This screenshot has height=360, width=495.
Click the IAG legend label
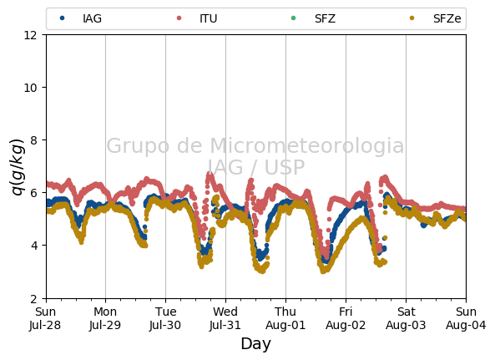pos(92,18)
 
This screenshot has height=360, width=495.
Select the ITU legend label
pos(209,18)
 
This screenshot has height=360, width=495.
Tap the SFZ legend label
pos(325,18)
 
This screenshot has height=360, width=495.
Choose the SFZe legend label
pos(447,18)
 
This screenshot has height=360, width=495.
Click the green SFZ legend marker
pos(293,18)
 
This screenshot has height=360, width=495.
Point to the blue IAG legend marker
pos(63,18)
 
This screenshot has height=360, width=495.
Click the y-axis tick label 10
pos(30,88)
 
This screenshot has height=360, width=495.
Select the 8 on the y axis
pos(33,140)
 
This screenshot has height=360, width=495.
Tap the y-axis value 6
pos(33,193)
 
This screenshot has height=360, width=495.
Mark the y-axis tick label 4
pos(33,246)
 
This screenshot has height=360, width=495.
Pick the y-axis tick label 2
pos(33,298)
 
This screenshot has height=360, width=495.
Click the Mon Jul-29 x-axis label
pos(105,318)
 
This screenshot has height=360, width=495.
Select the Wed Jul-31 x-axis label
pos(225,318)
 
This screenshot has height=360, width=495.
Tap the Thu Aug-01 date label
pos(285,318)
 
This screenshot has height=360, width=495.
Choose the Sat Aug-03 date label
pos(406,318)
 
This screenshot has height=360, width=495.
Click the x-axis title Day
pos(256,343)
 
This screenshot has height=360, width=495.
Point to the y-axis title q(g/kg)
pos(18,167)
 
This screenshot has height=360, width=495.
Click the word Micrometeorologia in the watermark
pos(307,145)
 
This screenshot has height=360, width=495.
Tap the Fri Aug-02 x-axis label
pos(346,318)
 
